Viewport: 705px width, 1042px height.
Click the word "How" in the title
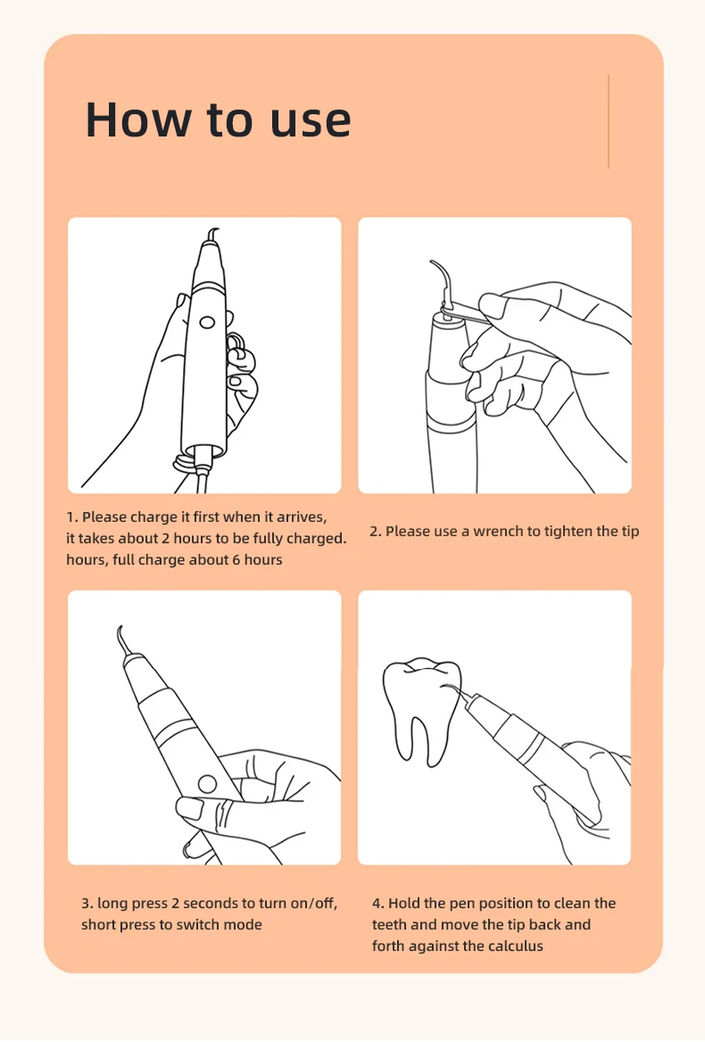[x=137, y=120]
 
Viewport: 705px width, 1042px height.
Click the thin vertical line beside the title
[x=608, y=121]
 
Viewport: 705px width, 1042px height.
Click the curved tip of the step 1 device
[x=212, y=236]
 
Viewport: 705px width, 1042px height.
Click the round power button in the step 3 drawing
[x=207, y=784]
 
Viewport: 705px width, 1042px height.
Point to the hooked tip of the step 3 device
[x=121, y=641]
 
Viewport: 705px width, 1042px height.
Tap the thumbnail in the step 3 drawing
[x=189, y=808]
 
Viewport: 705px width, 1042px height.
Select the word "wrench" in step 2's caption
[x=498, y=532]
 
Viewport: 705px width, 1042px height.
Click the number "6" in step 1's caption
[x=236, y=559]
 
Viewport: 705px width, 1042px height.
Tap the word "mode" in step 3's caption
[x=244, y=924]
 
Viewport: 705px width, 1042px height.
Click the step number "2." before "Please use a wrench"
[x=376, y=532]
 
